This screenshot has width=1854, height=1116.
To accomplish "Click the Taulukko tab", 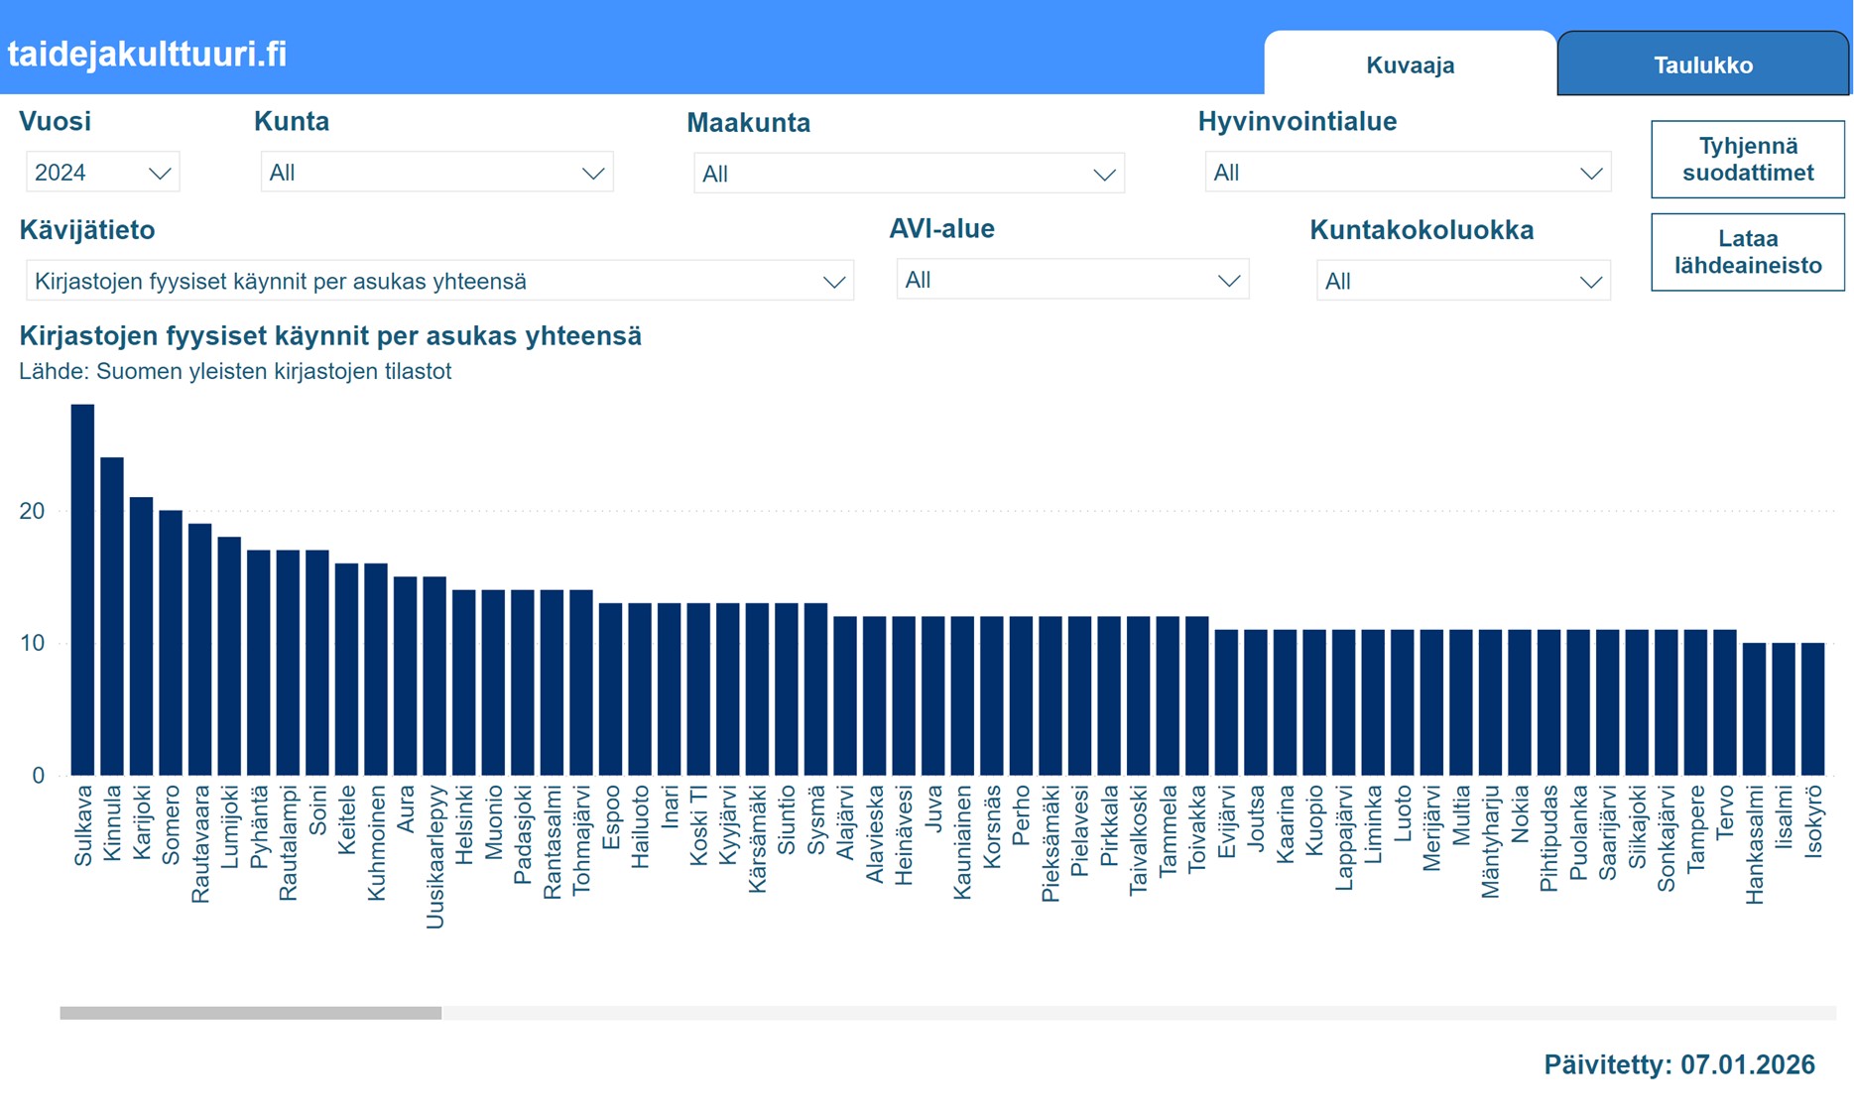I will [x=1702, y=65].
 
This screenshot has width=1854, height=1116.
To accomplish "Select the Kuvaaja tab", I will [x=1410, y=65].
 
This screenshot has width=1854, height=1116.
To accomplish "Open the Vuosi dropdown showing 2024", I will [x=102, y=173].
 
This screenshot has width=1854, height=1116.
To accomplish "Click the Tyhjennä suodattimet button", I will [x=1747, y=160].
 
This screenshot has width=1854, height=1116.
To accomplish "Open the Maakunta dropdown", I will [x=908, y=174].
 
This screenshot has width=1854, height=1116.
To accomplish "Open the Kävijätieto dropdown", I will [x=438, y=282].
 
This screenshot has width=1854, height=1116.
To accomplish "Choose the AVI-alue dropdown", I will [x=1071, y=281].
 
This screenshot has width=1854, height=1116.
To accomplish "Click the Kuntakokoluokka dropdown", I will [x=1462, y=282].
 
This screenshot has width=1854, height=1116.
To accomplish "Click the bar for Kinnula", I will [x=112, y=616].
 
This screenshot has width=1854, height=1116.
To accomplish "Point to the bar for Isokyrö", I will [x=1812, y=709].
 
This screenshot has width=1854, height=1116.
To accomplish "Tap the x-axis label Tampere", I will [x=1695, y=828].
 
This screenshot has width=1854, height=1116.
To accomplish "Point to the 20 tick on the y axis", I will [x=32, y=511].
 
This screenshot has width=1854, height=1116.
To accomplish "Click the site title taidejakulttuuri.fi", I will [x=147, y=54].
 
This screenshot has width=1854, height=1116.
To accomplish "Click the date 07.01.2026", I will [x=1747, y=1064].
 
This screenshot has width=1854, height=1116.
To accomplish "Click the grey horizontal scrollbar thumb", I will [x=250, y=1013].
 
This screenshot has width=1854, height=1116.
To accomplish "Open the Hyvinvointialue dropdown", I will [x=1407, y=173].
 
